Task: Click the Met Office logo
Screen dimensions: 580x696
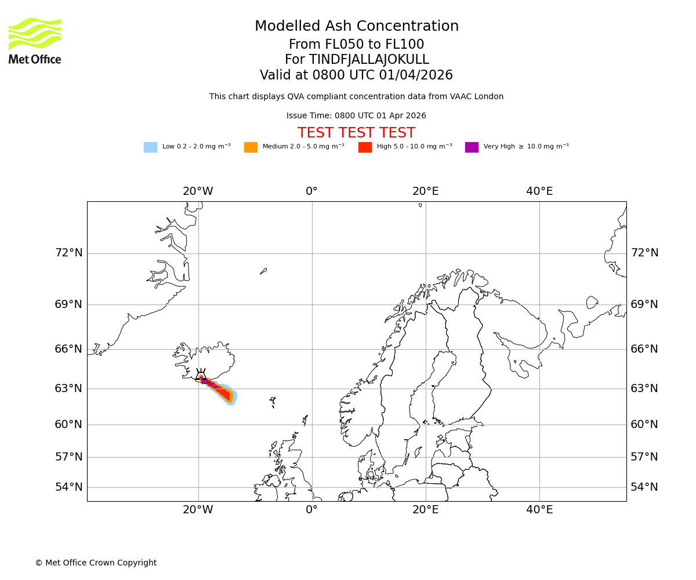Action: point(35,41)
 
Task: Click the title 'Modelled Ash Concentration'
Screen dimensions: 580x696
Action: point(357,26)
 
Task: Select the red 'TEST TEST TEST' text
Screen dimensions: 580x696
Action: point(356,133)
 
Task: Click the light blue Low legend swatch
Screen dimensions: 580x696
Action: point(150,147)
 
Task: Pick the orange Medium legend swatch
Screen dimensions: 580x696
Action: point(251,147)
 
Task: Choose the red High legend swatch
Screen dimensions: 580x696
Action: point(365,147)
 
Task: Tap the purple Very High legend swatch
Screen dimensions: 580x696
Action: point(472,147)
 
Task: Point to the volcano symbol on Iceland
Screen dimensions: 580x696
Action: point(201,375)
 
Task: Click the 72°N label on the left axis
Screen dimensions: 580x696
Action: point(68,253)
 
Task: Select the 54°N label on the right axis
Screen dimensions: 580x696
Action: point(644,487)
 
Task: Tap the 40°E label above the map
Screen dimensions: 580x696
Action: point(539,191)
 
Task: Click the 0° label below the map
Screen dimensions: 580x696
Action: point(312,510)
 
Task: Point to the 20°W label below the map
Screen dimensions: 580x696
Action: point(198,510)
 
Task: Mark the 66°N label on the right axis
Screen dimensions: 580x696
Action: point(644,349)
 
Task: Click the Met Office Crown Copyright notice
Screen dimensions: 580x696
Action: point(96,563)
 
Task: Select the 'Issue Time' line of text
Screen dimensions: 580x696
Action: point(356,116)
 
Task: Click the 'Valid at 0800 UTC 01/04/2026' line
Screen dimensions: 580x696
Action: point(356,75)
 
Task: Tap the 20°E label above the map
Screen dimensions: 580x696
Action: point(426,191)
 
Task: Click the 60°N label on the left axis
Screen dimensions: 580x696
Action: point(68,425)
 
